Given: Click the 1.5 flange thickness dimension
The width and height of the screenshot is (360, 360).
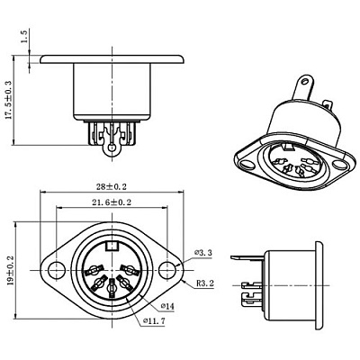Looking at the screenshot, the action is click(25, 36).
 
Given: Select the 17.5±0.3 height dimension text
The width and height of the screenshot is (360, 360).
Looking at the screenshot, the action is click(8, 100).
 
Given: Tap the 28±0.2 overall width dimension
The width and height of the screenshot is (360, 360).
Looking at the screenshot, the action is click(112, 187).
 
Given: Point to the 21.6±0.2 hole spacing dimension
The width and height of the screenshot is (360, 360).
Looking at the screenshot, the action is click(112, 202).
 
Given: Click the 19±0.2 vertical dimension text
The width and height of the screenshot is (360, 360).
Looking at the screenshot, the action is click(10, 270).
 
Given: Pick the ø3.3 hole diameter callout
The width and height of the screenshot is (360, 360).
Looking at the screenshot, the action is click(202, 253).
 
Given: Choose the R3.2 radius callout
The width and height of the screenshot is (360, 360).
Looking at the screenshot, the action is click(205, 283).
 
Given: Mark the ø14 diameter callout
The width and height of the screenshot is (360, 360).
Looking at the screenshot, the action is click(167, 306).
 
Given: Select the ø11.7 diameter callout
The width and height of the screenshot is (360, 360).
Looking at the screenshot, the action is click(154, 321).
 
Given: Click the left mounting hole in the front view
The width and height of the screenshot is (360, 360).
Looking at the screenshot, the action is click(56, 270).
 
